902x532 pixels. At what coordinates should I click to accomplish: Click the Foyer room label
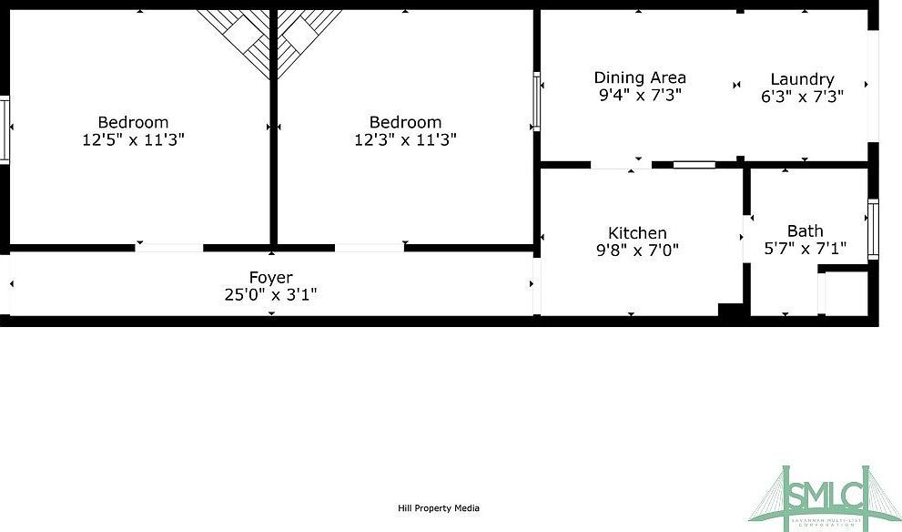[271, 277]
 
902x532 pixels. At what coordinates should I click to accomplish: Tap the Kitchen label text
[637, 233]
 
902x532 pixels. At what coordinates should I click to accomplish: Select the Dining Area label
[640, 77]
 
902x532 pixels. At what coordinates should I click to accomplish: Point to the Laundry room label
[802, 79]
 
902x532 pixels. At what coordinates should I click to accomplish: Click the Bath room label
[805, 230]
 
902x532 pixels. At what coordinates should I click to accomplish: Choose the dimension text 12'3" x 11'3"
[405, 139]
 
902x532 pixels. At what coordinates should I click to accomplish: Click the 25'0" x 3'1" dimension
[271, 294]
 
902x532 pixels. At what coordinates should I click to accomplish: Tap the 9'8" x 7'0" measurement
[637, 250]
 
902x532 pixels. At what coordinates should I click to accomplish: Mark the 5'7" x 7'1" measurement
[805, 247]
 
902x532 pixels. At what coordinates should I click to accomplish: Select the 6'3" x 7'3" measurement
[802, 96]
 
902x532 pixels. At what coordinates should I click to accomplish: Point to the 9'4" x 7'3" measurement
[640, 94]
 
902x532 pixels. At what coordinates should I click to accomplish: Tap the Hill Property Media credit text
[439, 508]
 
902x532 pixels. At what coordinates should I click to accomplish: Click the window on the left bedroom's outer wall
[5, 129]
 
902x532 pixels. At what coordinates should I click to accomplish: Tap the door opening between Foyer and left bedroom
[169, 247]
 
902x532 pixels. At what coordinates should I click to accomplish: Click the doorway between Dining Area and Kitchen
[621, 165]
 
